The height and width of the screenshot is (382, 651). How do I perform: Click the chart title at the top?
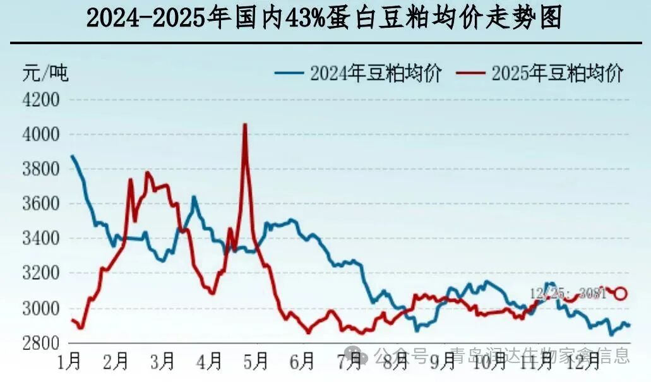[x=324, y=19]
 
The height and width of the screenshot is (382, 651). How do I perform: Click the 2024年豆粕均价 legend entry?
[x=358, y=73]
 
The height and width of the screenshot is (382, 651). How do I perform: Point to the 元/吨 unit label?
[x=45, y=73]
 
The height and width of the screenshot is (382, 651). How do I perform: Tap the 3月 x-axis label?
[x=162, y=362]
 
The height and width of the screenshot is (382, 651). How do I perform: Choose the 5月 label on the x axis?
[x=255, y=362]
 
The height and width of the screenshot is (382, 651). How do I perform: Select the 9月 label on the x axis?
[x=442, y=362]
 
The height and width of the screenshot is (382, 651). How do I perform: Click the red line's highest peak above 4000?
[x=245, y=124]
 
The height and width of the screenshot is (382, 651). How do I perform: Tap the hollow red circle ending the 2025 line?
[x=621, y=293]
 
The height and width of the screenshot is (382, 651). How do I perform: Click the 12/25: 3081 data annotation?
[x=568, y=293]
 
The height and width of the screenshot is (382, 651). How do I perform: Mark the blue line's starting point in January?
[x=71, y=155]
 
